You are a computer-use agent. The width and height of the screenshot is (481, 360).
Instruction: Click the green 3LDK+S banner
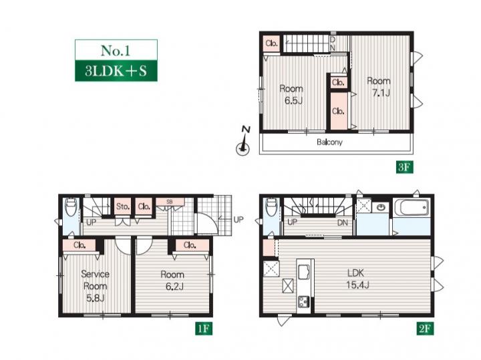[116, 71]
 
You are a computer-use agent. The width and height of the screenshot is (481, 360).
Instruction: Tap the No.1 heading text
[116, 50]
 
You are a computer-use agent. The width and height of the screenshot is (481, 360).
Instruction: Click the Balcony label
[329, 142]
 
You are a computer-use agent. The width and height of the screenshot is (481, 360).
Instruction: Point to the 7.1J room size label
[381, 93]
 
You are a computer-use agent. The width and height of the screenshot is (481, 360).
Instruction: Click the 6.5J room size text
[293, 101]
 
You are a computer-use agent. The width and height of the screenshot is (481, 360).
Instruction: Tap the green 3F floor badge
[404, 167]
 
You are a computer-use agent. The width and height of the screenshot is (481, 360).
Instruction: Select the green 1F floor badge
[204, 329]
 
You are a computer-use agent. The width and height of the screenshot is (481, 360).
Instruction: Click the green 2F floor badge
[425, 329]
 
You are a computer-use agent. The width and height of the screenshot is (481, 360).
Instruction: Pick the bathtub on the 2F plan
[412, 208]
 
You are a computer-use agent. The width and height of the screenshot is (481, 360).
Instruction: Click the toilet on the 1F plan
[71, 206]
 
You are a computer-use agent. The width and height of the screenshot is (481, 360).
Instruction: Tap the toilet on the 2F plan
[271, 206]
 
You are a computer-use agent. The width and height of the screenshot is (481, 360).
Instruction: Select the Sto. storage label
[123, 206]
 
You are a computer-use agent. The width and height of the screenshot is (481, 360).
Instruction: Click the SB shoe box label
[169, 202]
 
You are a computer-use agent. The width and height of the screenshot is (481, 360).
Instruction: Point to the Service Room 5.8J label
[95, 286]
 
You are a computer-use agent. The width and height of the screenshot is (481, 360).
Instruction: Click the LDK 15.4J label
[357, 279]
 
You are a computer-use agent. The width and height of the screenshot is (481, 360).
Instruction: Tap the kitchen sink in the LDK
[305, 272]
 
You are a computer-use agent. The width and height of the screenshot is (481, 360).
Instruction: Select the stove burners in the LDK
[303, 303]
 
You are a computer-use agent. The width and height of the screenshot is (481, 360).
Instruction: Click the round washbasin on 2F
[381, 208]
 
